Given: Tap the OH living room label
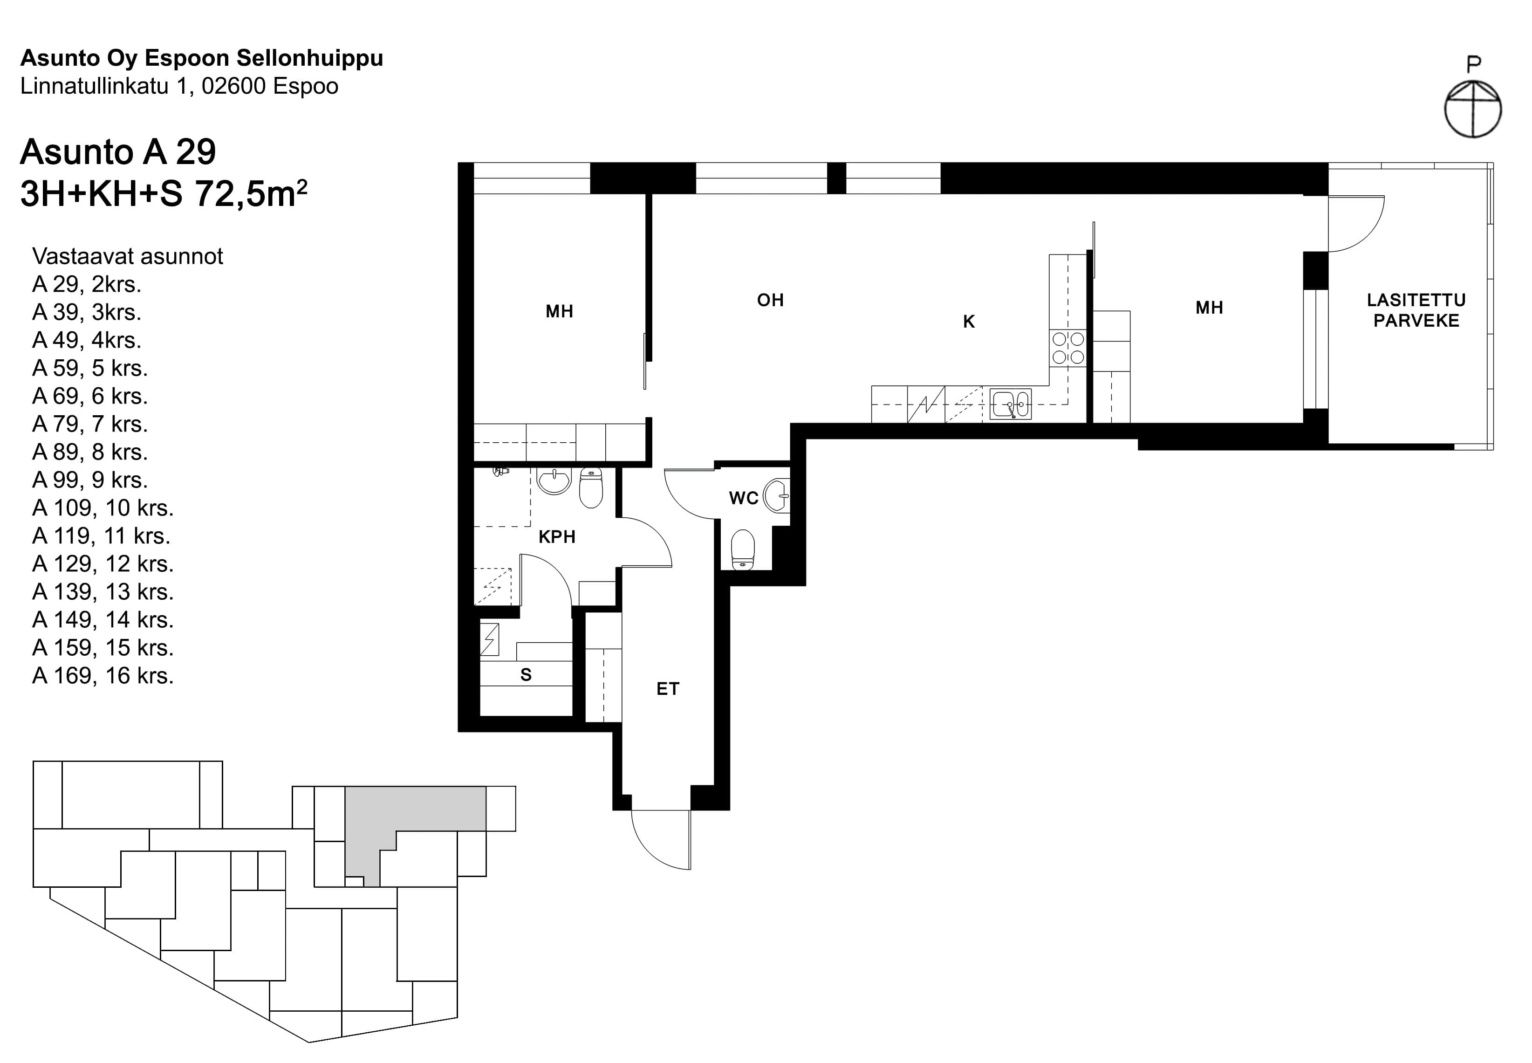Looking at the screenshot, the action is coord(770,301).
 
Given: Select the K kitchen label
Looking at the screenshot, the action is coord(969,322).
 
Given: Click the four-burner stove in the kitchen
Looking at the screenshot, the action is coord(1067,348).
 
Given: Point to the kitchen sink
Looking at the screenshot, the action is coord(1010,404).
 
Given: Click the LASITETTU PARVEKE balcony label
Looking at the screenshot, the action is coord(1416,310).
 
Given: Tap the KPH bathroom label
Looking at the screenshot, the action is coord(557,537).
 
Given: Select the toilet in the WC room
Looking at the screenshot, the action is coord(743,549).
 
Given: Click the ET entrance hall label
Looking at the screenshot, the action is coord(668,689).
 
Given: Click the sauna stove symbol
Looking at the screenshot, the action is coord(489,639).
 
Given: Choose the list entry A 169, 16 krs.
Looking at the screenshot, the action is coord(103,675).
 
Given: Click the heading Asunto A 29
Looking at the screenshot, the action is coord(118,152).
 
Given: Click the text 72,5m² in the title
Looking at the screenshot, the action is coord(250,194).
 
